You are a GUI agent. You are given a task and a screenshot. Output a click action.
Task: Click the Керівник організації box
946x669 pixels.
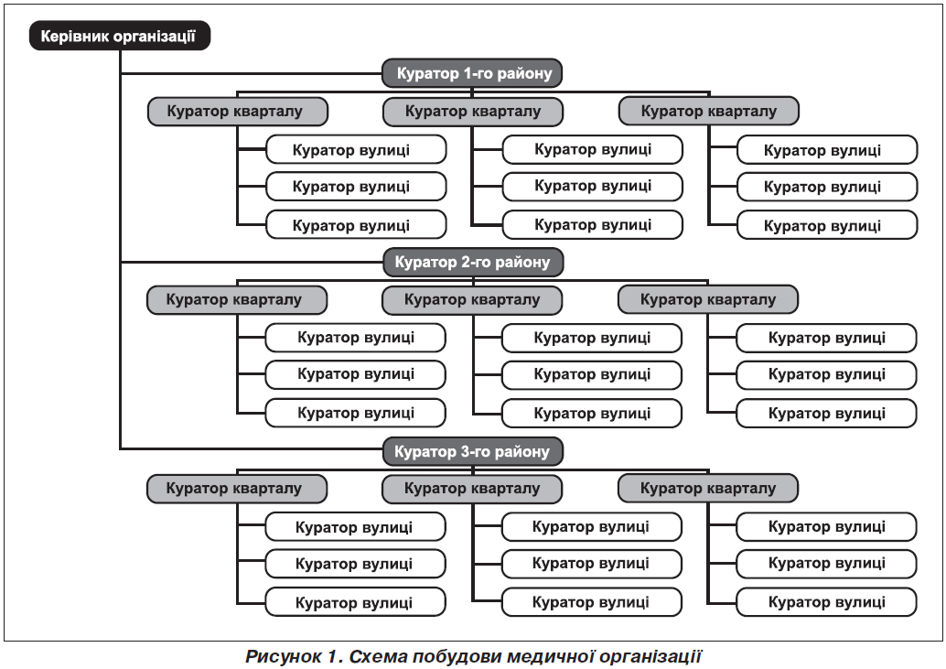120,36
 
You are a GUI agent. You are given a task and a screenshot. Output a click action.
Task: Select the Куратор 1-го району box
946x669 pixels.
472,73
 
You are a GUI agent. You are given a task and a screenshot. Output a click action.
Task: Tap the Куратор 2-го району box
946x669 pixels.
472,263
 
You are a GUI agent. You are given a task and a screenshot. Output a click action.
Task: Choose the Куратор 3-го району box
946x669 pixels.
472,451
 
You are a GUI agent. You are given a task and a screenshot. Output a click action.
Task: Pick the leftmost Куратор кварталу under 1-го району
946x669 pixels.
238,112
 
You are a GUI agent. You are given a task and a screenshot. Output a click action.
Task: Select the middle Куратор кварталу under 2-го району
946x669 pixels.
472,300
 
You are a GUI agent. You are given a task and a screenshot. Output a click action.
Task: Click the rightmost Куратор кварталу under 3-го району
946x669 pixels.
708,489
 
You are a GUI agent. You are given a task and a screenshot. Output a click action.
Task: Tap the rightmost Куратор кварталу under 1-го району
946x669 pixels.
709,111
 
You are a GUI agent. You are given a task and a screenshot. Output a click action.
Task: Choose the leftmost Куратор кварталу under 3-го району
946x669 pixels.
237,489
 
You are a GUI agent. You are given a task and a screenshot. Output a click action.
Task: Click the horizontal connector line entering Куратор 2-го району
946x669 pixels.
252,263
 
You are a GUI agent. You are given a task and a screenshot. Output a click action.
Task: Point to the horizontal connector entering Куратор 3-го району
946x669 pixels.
252,448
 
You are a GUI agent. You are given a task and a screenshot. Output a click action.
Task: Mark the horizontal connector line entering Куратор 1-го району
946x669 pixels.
251,73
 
